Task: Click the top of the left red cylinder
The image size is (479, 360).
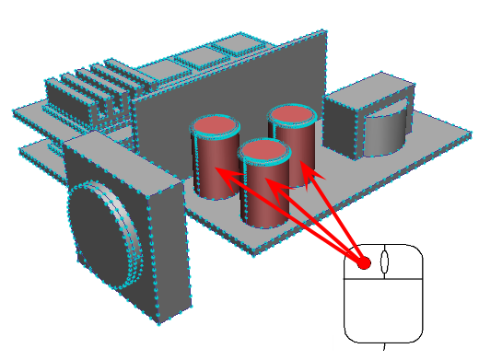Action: tap(214, 127)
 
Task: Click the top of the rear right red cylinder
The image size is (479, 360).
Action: tap(293, 115)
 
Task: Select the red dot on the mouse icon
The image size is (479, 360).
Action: tap(364, 263)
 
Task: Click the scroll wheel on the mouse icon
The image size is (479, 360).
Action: tap(385, 261)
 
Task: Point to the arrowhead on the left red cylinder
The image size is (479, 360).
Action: tap(221, 171)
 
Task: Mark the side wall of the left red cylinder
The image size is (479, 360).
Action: tap(204, 166)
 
